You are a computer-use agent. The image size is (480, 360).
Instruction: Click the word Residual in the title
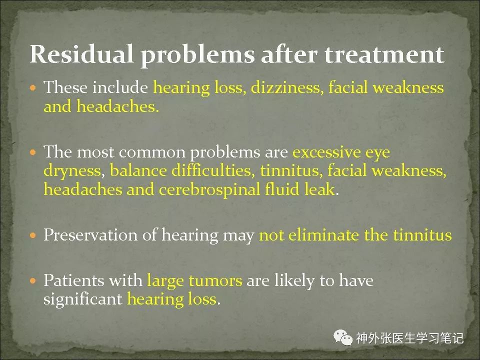(81, 54)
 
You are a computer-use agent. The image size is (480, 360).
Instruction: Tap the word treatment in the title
(384, 54)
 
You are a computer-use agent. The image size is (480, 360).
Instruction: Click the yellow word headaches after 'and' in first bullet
(117, 106)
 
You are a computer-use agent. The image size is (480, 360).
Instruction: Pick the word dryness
(72, 171)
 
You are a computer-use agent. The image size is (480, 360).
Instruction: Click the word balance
(138, 170)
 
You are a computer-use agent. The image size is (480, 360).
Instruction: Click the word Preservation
(90, 235)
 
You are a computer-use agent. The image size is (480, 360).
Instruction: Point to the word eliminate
(323, 235)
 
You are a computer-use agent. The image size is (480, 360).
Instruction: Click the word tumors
(215, 280)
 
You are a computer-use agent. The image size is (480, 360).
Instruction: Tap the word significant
(82, 299)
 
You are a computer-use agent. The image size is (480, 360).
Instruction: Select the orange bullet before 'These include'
(33, 88)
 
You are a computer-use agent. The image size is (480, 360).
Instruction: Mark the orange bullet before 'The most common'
(33, 152)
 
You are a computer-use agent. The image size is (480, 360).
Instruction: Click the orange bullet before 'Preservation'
(33, 235)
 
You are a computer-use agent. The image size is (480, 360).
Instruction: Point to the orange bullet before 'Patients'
(33, 280)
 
